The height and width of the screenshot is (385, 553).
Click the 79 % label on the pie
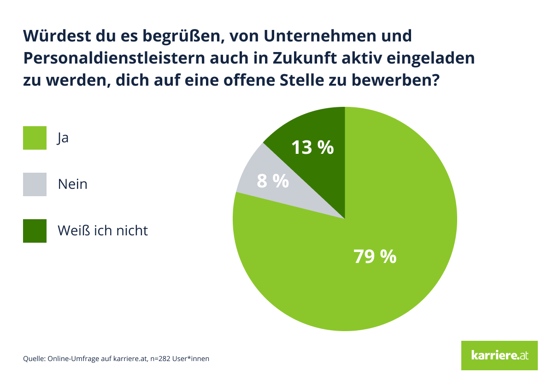click(x=375, y=257)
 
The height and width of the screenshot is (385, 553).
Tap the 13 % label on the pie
click(x=312, y=148)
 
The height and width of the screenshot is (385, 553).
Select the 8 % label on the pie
click(x=273, y=181)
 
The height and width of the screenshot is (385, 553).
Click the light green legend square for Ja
click(x=35, y=138)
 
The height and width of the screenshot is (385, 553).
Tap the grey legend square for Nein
click(x=35, y=184)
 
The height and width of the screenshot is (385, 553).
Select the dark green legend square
click(x=35, y=231)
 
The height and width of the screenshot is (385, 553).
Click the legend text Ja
click(x=63, y=138)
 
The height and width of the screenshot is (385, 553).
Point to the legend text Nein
click(x=72, y=184)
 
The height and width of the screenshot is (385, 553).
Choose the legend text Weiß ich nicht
click(x=103, y=230)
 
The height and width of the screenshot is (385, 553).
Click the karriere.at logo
click(x=499, y=355)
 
